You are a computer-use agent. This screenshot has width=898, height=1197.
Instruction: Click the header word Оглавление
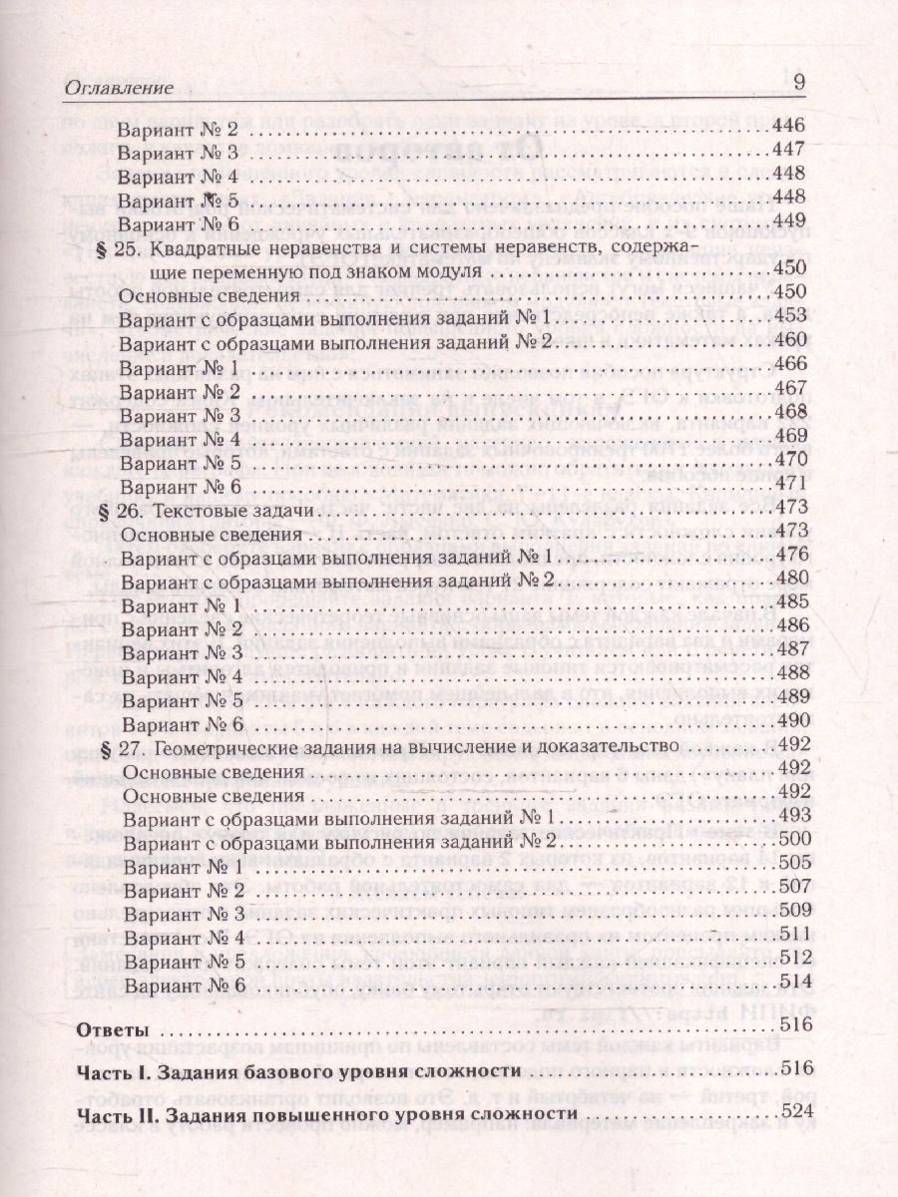(119, 87)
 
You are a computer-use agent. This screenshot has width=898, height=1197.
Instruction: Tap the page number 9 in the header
(799, 84)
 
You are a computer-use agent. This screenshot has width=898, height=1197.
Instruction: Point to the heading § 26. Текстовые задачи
(209, 509)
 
